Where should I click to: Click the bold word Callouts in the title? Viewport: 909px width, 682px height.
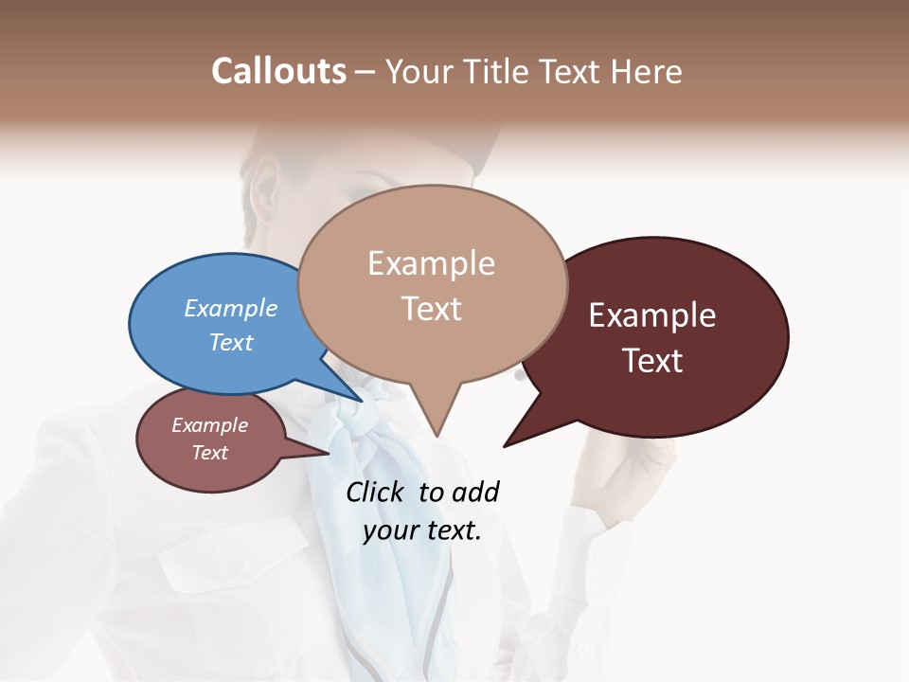(278, 71)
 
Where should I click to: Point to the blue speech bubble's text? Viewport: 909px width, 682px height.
(231, 325)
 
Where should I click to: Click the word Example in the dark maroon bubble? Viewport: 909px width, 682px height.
(652, 315)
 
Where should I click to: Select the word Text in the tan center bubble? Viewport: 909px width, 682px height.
(432, 309)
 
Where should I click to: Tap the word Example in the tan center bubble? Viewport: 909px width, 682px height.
(432, 263)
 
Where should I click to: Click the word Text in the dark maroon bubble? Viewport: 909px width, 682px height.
(652, 361)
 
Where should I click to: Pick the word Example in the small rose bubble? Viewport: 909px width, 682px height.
(209, 425)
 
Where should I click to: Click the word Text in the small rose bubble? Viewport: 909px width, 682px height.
(209, 453)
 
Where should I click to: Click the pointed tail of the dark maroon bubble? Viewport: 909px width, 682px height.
(507, 444)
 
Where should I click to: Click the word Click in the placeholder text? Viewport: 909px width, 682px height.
(376, 492)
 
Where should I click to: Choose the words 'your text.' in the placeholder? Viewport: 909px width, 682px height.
(422, 530)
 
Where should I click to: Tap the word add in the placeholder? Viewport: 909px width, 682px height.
(475, 492)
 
